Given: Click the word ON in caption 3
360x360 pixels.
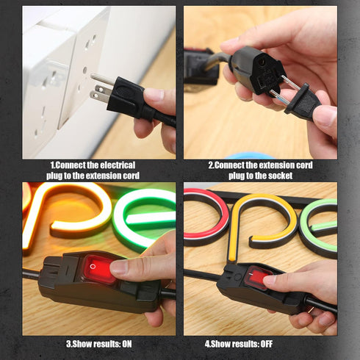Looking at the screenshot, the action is (127, 344).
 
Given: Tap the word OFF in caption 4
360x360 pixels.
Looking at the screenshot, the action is (267, 344).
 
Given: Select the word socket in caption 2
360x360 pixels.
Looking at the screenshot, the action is (280, 176).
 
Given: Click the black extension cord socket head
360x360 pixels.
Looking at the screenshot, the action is (258, 71).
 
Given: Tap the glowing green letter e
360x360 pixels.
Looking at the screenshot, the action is (145, 218).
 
